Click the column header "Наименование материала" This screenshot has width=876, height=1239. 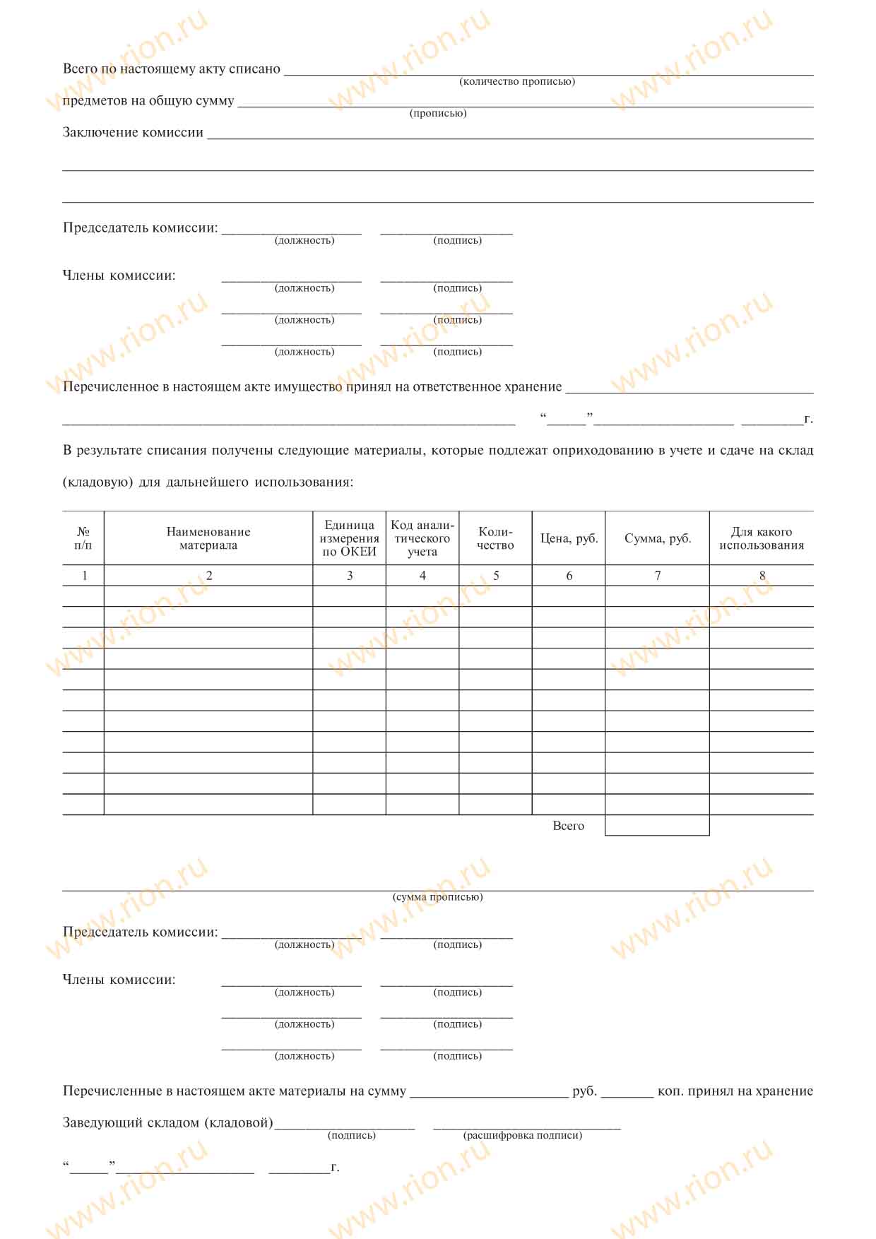208,538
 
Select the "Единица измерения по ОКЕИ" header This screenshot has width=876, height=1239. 350,538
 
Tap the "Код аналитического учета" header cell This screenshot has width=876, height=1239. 422,538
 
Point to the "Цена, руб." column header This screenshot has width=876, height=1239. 569,538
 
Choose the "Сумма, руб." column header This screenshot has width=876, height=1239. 658,538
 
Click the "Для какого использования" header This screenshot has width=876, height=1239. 762,538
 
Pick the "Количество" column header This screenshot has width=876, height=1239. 495,538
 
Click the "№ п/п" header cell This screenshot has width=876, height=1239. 83,538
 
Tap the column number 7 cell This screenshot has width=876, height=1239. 658,576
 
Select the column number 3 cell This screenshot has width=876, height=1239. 350,576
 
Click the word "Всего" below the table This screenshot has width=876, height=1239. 568,826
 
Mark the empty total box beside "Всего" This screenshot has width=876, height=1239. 657,826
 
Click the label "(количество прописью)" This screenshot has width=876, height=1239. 517,82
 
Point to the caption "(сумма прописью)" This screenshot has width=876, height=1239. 438,897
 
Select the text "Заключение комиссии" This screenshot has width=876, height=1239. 133,133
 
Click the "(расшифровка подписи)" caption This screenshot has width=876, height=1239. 523,1135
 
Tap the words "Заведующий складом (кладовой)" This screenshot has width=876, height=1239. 167,1122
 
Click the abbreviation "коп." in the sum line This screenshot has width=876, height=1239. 670,1091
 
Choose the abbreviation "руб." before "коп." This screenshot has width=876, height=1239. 585,1091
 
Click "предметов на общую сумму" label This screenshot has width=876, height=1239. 148,101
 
